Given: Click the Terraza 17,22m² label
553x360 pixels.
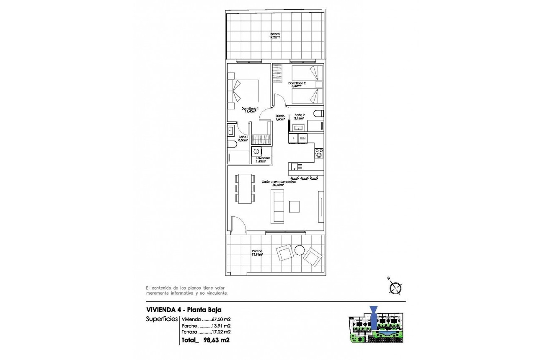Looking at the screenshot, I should pos(275,36).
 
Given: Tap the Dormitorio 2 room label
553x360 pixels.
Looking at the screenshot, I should pos(297,85).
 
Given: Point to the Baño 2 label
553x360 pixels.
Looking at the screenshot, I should pos(299,117).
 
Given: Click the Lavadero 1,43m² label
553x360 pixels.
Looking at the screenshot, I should pos(261,160).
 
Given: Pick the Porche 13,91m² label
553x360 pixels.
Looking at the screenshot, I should pos(257,253).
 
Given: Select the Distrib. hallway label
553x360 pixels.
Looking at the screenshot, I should pos(280,118).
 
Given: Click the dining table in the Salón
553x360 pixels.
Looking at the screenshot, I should pos(245,189).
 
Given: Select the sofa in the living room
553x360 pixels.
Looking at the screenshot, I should pos(278,206).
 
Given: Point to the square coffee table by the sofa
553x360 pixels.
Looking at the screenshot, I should pos(295,207).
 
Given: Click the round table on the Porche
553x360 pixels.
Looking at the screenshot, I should pos(300,250).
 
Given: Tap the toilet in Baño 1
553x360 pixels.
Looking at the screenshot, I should pos(232,145).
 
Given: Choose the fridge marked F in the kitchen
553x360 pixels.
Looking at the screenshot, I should pos(293,138).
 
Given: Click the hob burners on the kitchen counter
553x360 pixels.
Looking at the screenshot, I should pos(319,153).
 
